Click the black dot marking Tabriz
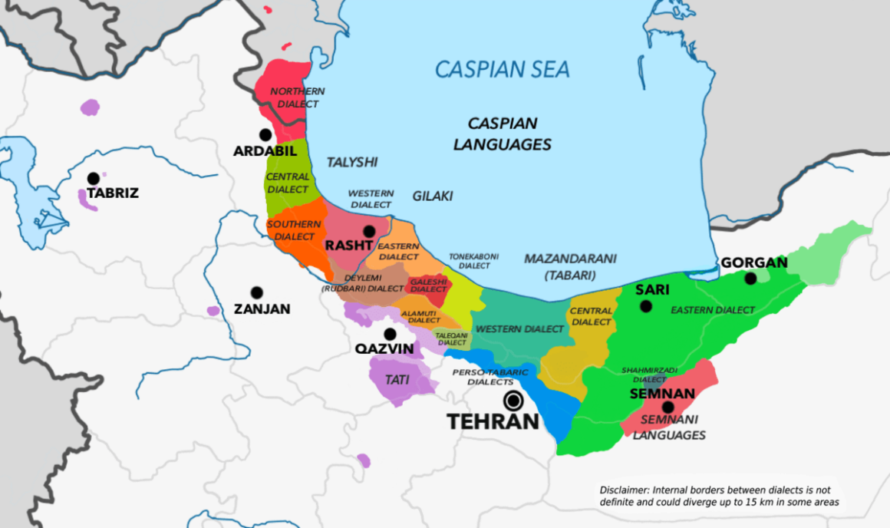click(94, 179)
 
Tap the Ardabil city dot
click(265, 134)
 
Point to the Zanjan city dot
click(256, 292)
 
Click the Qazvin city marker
click(391, 334)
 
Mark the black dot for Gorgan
click(750, 279)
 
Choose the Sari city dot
click(646, 306)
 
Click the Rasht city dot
click(369, 231)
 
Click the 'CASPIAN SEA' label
click(503, 70)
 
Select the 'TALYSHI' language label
click(353, 162)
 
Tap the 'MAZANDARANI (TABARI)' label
click(570, 266)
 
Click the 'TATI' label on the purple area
click(397, 379)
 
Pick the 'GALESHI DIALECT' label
click(428, 285)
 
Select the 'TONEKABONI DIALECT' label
click(469, 261)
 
